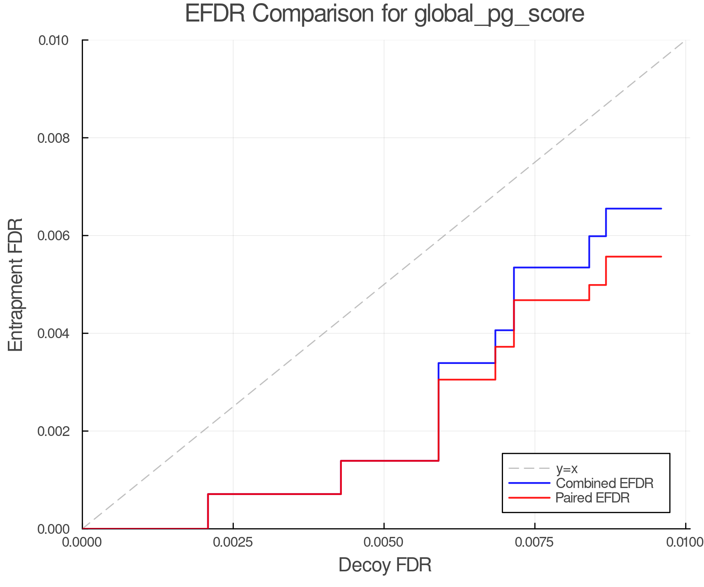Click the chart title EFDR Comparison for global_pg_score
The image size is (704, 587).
pos(384,14)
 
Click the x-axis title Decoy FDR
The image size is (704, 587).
pos(384,565)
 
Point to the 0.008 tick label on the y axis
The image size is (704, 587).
pos(57,138)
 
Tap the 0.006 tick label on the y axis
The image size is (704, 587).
pos(57,236)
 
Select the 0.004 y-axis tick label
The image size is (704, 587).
pos(57,334)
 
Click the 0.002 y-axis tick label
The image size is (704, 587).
pos(57,431)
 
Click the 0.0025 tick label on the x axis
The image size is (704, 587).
pos(233,542)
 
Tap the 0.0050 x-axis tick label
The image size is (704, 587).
pos(384,542)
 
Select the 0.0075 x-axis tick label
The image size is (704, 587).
pos(535,542)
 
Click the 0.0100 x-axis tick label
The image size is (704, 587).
pos(684,542)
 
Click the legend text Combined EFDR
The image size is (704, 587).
pos(604,483)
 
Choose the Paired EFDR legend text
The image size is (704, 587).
pos(593,498)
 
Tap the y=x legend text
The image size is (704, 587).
pos(567,469)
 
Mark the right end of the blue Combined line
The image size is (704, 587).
pos(661,209)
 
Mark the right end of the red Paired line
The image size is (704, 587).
pos(661,257)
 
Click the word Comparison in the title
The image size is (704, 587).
pos(329,14)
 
